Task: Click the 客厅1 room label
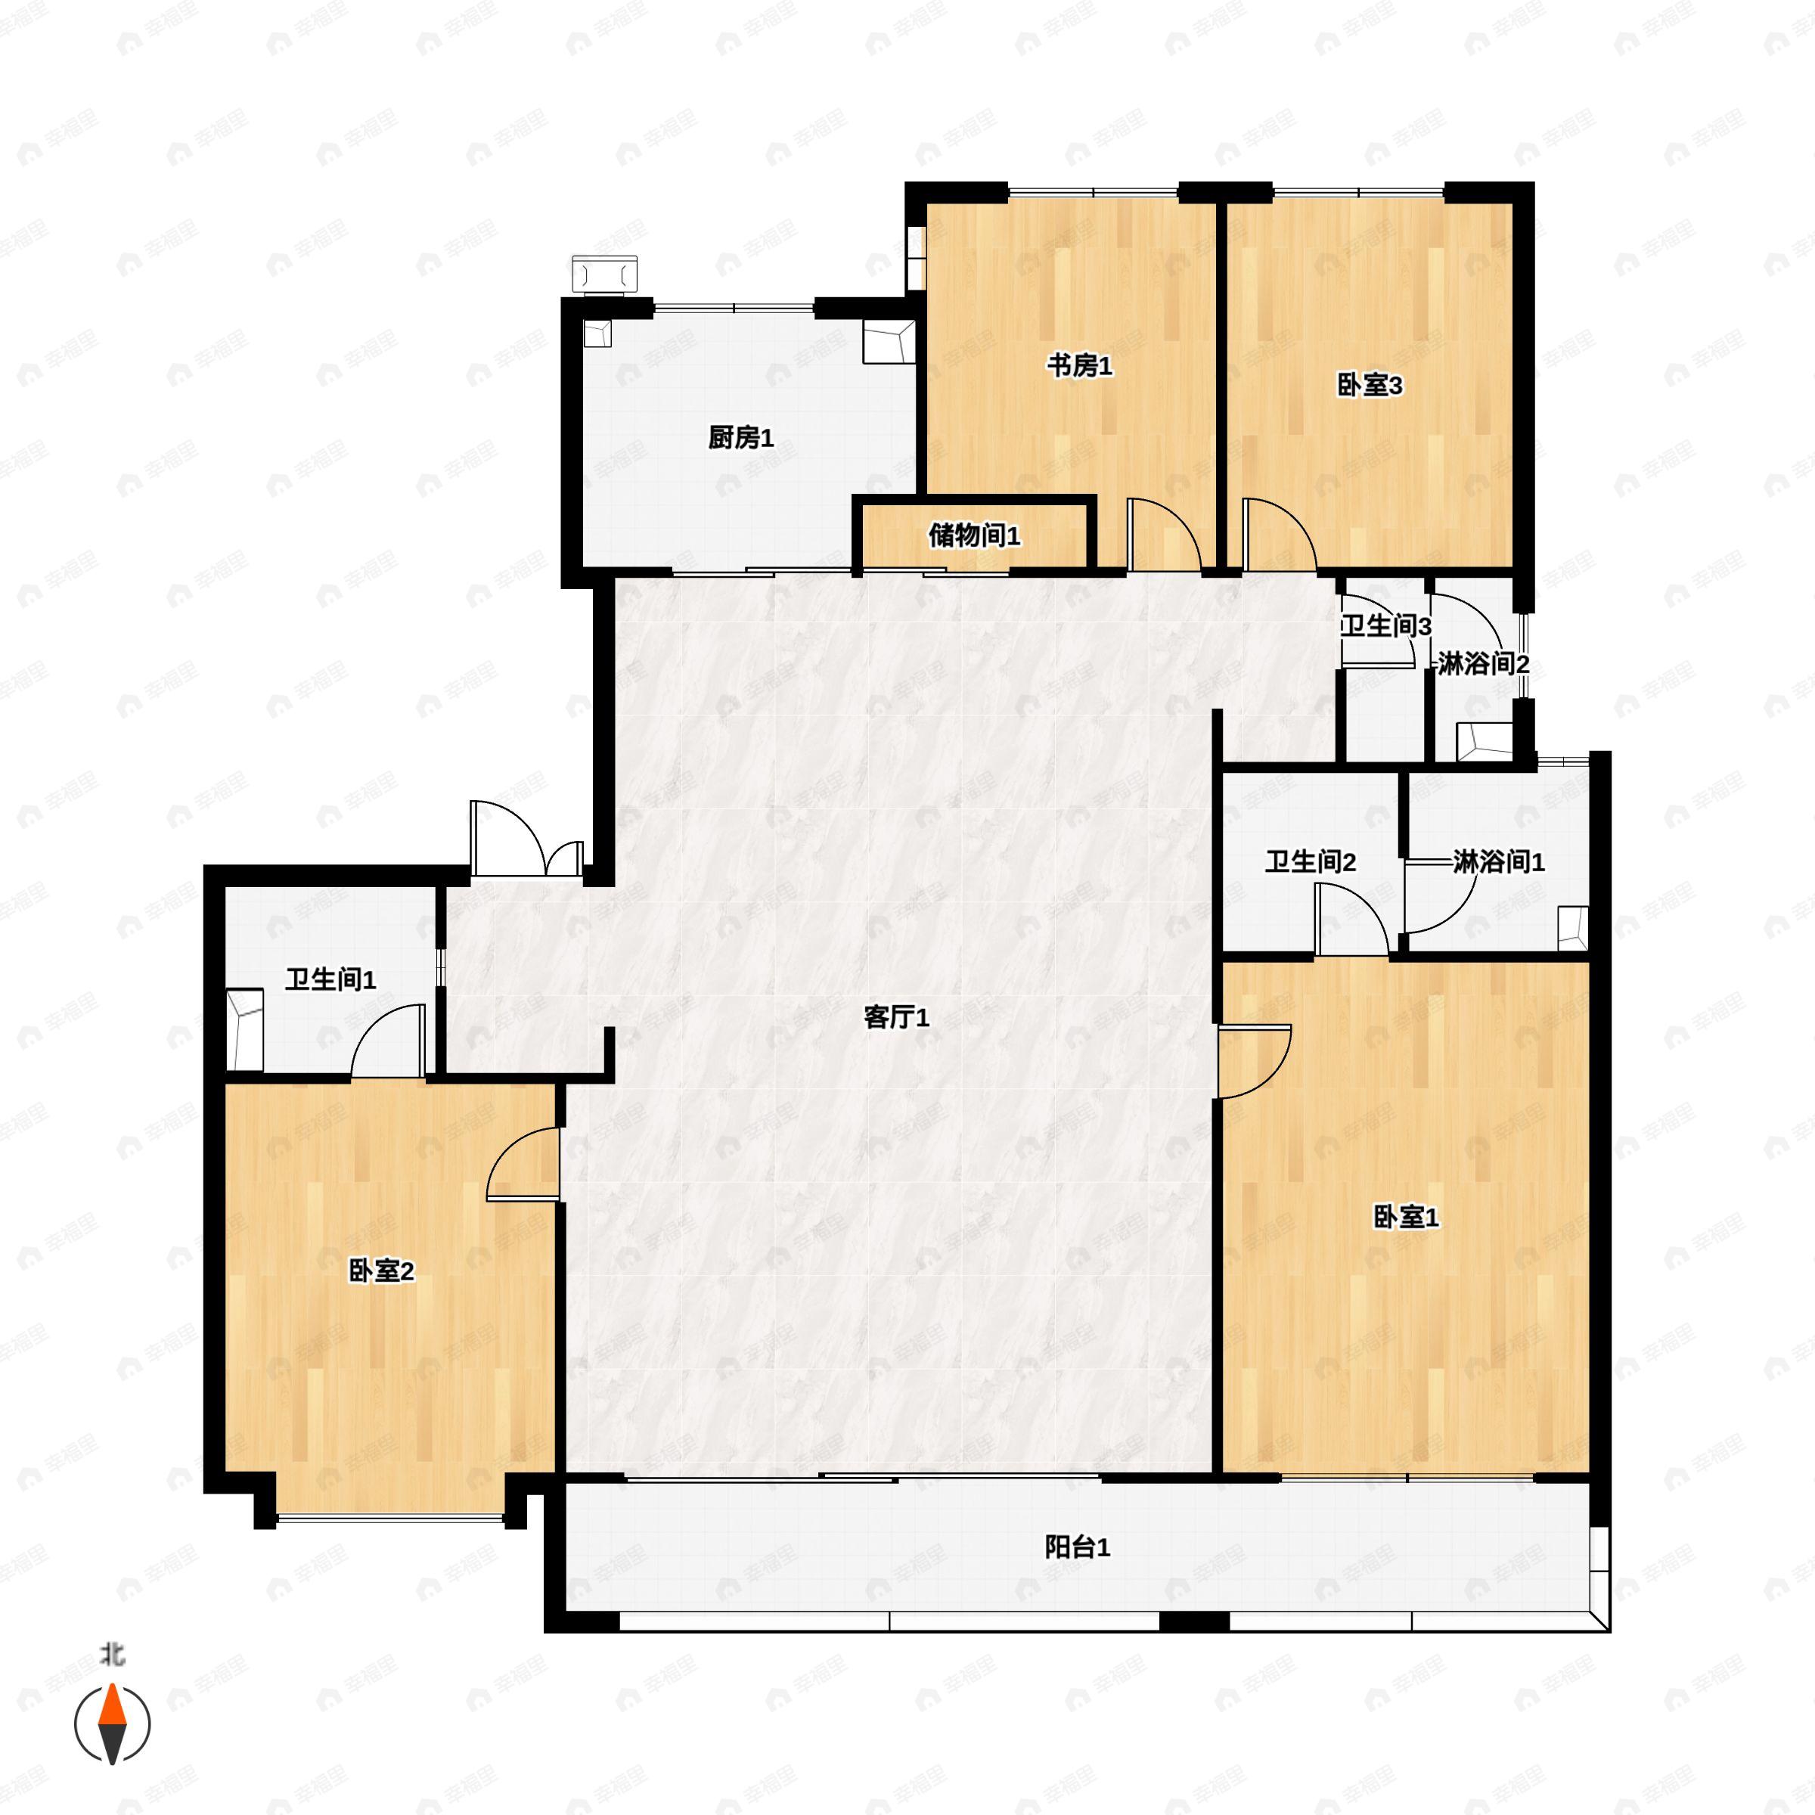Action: (x=896, y=1017)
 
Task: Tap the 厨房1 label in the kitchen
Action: (x=740, y=438)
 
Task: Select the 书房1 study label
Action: (x=1079, y=366)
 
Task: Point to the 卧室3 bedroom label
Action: (x=1369, y=385)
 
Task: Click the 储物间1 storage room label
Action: (x=974, y=536)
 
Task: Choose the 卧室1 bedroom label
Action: (x=1405, y=1218)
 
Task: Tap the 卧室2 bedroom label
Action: (x=381, y=1271)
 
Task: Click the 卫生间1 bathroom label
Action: (x=330, y=980)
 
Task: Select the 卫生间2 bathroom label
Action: (x=1310, y=861)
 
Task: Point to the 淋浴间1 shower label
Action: (x=1498, y=861)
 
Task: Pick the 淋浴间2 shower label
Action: (x=1483, y=664)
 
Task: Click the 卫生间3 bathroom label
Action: (x=1385, y=627)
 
